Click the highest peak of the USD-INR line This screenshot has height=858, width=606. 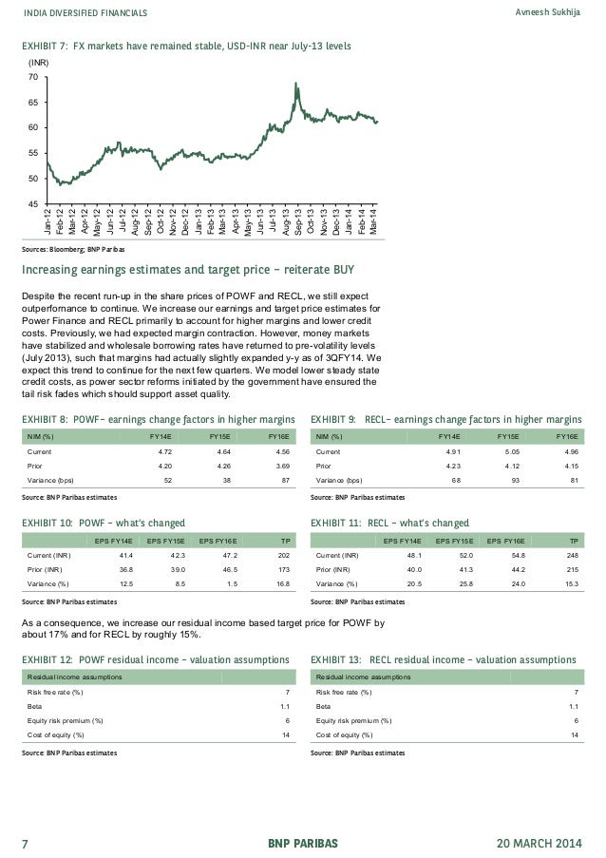click(x=297, y=84)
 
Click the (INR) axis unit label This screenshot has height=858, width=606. click(x=38, y=63)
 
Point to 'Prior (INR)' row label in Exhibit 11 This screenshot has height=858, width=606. click(x=336, y=568)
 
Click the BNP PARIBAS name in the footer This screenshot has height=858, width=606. click(x=302, y=843)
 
